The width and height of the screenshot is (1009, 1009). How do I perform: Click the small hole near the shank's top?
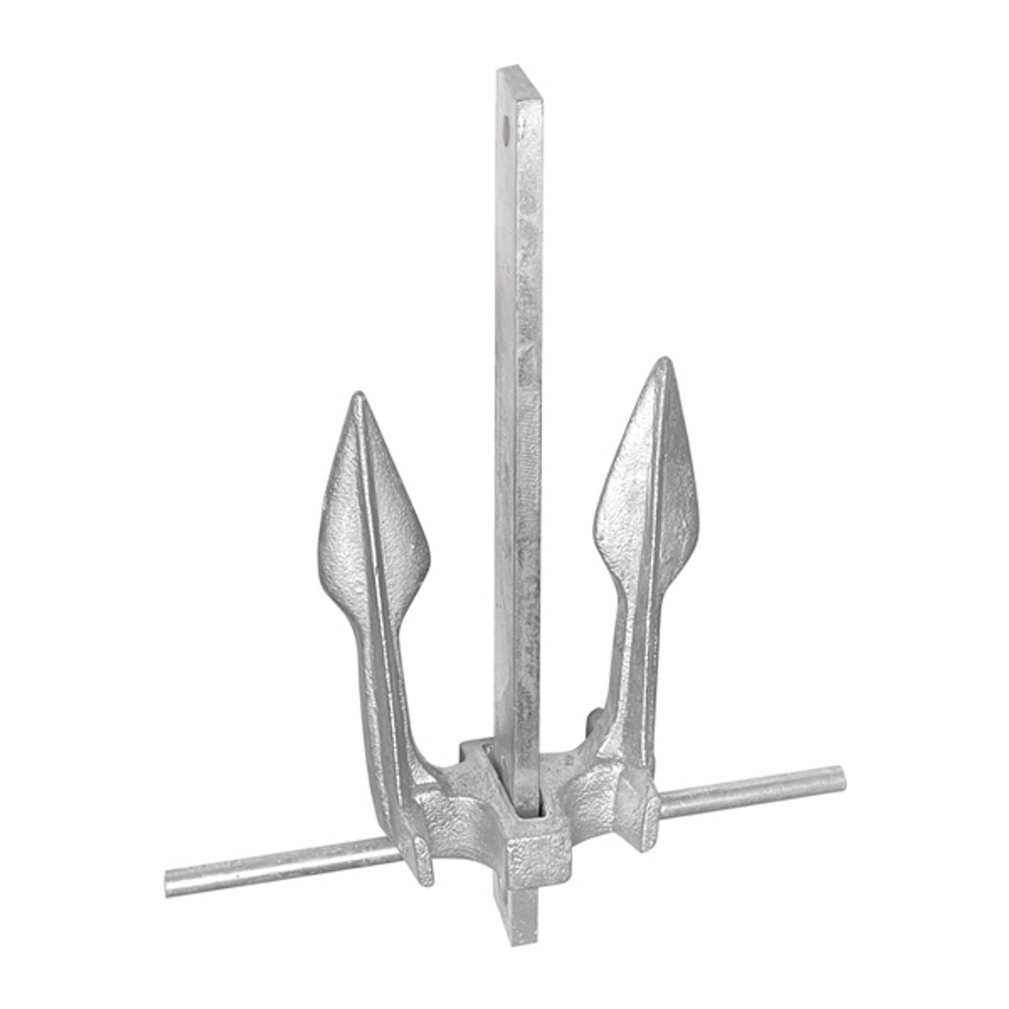click(x=504, y=123)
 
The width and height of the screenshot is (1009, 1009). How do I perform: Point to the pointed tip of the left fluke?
click(x=359, y=397)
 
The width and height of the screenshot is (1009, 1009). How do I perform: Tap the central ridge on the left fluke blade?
click(x=370, y=504)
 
